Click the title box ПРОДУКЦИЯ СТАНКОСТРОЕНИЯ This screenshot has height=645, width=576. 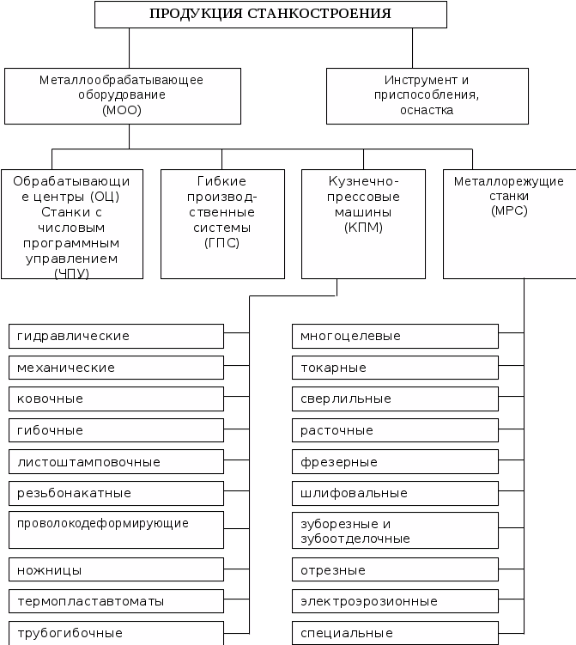(270, 14)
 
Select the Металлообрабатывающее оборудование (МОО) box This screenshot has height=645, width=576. (121, 95)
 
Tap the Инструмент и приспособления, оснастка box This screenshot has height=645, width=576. (427, 95)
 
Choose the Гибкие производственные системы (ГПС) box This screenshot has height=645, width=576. (222, 223)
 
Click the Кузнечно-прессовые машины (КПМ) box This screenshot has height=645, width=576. (364, 223)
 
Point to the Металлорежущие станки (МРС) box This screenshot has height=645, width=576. (509, 223)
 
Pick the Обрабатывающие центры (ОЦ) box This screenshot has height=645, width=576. (72, 223)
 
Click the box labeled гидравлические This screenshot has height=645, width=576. (116, 336)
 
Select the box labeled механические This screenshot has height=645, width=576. (116, 368)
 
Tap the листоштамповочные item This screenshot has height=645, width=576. (116, 462)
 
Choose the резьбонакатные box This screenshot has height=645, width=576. (116, 493)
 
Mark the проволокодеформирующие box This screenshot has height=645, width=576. (116, 530)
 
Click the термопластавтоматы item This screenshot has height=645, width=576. (116, 601)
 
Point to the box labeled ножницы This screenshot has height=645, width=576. (116, 570)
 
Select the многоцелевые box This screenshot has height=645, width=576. (395, 336)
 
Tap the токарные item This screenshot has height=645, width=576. (395, 368)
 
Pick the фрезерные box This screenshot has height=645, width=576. (395, 462)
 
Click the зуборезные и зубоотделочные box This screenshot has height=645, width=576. (395, 531)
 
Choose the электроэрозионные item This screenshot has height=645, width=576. (395, 601)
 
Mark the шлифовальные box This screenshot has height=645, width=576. (395, 493)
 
